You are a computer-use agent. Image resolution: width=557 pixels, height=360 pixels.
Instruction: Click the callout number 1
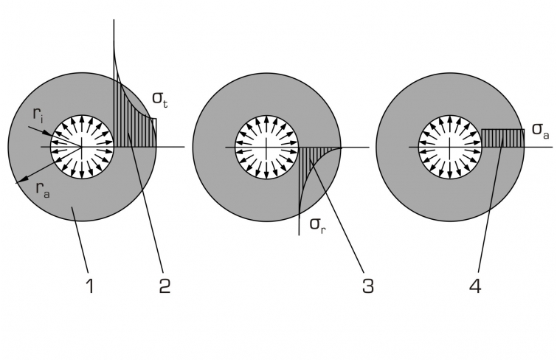(91, 285)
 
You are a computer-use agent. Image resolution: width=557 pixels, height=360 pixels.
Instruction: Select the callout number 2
(165, 285)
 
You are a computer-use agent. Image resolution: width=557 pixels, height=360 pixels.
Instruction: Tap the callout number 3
(368, 285)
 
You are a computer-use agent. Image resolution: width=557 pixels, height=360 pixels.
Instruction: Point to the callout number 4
(475, 285)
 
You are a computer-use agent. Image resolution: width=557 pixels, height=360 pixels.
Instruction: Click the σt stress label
(160, 99)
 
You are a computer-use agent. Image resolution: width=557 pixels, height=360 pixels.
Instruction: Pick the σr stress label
(317, 224)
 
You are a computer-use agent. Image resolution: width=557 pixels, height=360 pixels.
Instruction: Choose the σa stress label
(540, 130)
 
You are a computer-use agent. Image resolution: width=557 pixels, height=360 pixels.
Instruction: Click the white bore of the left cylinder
(82, 147)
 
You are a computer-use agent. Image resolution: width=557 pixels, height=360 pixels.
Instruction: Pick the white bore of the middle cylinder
(266, 147)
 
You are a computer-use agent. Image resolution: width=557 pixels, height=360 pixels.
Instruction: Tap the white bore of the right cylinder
(450, 147)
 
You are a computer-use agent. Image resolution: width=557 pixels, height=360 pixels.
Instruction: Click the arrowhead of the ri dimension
(49, 134)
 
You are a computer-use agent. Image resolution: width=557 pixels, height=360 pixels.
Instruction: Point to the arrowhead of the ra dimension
(21, 181)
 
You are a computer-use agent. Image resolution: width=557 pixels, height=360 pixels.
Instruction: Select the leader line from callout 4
(491, 206)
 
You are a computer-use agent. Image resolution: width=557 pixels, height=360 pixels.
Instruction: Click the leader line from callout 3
(337, 216)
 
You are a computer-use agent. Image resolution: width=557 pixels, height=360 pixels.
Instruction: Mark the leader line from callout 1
(80, 240)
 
